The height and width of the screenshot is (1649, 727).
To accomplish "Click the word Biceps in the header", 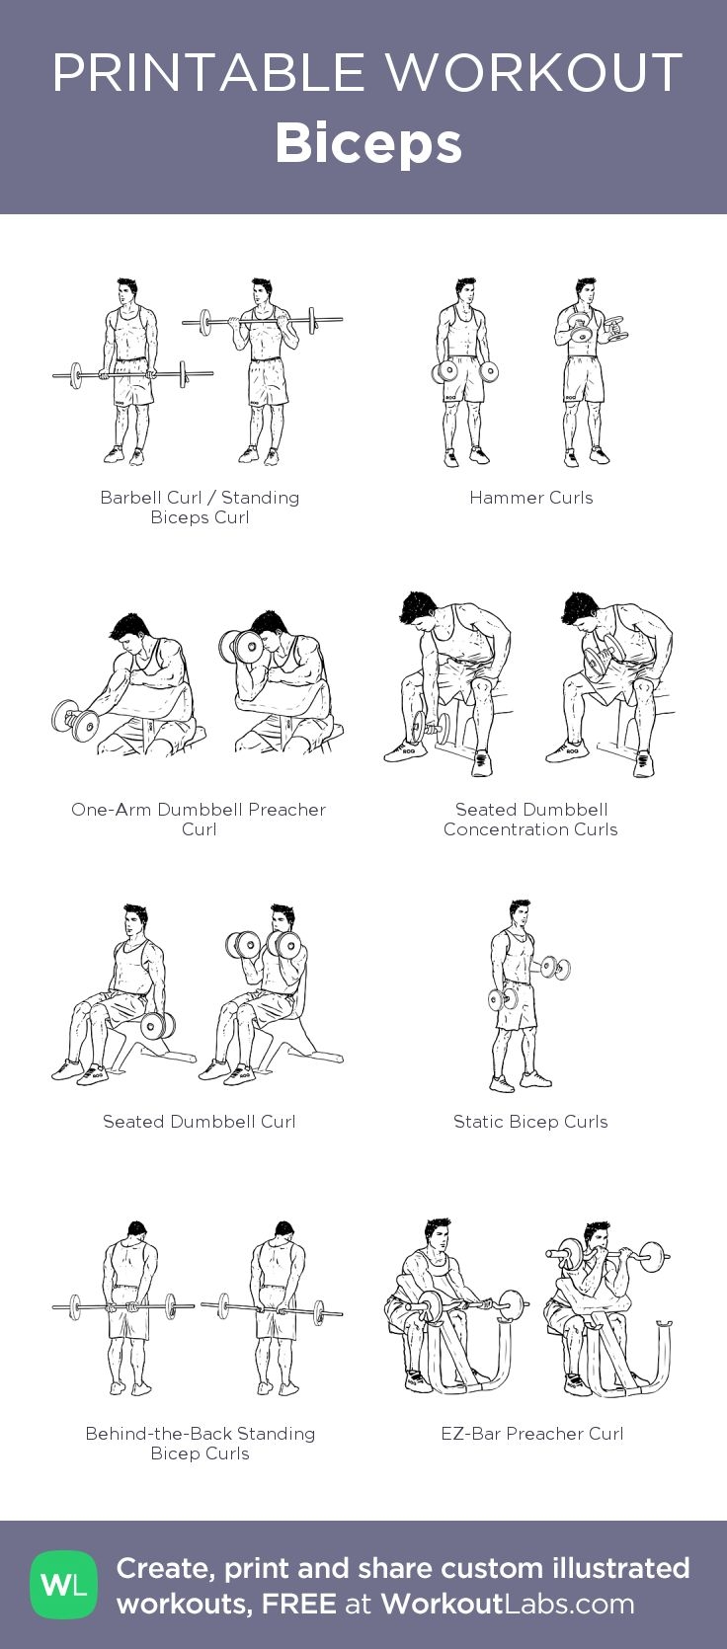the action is click(368, 144).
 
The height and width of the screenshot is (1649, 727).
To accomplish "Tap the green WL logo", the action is click(64, 1585).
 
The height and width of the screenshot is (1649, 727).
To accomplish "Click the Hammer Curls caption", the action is click(531, 498).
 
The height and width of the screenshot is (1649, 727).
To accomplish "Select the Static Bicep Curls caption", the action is click(530, 1122).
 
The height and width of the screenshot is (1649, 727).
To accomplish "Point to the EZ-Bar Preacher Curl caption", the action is click(531, 1434).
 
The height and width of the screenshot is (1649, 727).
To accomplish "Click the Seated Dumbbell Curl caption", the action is click(199, 1121).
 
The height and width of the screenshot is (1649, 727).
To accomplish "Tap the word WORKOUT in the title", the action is click(534, 72).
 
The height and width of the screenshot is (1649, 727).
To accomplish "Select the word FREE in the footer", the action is click(298, 1604).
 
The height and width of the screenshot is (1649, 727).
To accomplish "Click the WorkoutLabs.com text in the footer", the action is click(508, 1604).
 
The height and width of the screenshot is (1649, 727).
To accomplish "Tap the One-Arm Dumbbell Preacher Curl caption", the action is click(199, 820).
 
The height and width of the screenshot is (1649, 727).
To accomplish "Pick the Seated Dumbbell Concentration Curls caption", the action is click(531, 820).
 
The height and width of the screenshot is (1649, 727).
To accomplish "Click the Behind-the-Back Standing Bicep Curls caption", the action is click(201, 1443).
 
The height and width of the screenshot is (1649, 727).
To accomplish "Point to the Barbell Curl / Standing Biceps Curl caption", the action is click(200, 508).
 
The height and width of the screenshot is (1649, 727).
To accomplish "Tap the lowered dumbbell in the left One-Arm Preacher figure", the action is click(76, 721).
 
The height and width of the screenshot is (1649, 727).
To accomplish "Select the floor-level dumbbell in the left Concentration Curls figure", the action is click(430, 729).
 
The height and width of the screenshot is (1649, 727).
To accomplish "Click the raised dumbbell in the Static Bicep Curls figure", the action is click(555, 968).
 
